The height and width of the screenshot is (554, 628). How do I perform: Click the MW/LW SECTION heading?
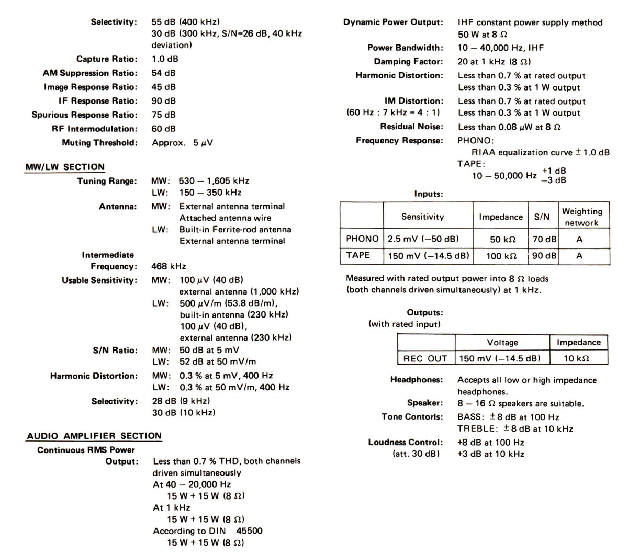[x=65, y=167]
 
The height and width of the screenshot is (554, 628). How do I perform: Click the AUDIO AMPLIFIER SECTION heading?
[x=94, y=436]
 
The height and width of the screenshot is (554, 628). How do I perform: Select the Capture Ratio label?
[x=107, y=59]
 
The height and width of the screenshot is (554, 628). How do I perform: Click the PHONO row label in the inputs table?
[x=362, y=239]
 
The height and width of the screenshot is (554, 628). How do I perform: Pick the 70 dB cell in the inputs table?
[x=544, y=239]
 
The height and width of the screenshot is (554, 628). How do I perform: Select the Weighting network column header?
[x=582, y=217]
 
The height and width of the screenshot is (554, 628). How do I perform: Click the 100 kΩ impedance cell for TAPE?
[x=501, y=256]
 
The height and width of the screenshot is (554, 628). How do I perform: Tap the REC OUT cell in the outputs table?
[x=425, y=358]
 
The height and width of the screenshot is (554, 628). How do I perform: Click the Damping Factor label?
[x=408, y=62]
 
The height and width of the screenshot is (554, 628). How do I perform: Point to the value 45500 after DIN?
[x=250, y=530]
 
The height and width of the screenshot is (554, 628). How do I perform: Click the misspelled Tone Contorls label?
[x=412, y=417]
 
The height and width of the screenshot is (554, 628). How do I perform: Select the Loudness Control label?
[x=405, y=442]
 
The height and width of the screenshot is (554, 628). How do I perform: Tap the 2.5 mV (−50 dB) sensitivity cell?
[x=423, y=239]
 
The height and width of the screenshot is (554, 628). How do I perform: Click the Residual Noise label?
[x=411, y=126]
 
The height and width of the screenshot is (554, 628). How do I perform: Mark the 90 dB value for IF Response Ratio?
[x=164, y=100]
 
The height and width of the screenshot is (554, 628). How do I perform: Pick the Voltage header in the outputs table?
[x=502, y=342]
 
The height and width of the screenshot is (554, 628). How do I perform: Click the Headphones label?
[x=416, y=379]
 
